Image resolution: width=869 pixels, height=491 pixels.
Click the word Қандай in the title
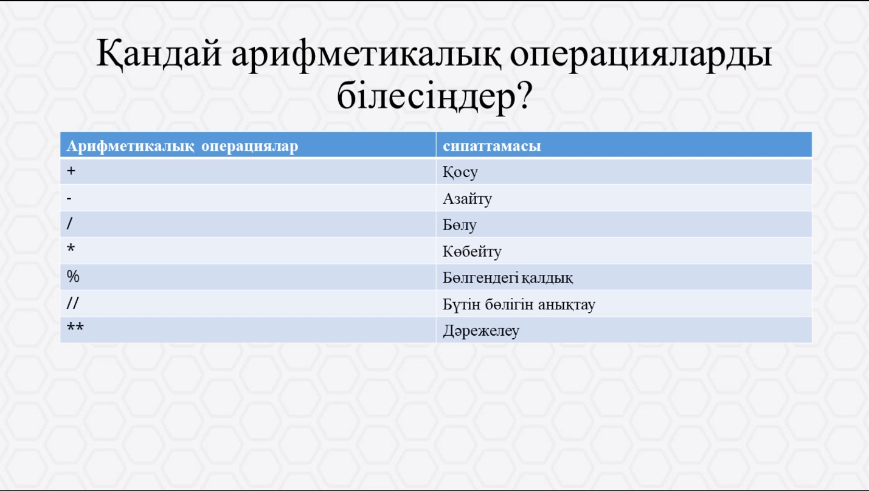[159, 54]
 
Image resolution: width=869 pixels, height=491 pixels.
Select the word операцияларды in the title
[640, 54]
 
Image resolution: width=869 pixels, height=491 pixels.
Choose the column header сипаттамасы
[491, 146]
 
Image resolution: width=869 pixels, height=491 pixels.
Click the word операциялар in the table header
[250, 146]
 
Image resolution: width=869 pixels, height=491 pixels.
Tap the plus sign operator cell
[71, 171]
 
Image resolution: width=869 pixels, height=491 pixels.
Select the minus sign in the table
[69, 199]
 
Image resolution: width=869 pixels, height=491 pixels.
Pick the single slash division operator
[70, 223]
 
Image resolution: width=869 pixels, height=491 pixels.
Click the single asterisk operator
[70, 247]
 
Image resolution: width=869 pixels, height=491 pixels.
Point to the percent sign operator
[73, 276]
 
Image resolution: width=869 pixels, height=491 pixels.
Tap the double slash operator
[73, 303]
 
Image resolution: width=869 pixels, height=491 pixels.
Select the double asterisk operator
[75, 327]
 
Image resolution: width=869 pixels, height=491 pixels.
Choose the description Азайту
[467, 199]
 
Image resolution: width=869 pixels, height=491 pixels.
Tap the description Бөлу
[459, 225]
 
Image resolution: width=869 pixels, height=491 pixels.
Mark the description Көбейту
[472, 251]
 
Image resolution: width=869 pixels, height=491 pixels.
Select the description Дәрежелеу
[481, 331]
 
